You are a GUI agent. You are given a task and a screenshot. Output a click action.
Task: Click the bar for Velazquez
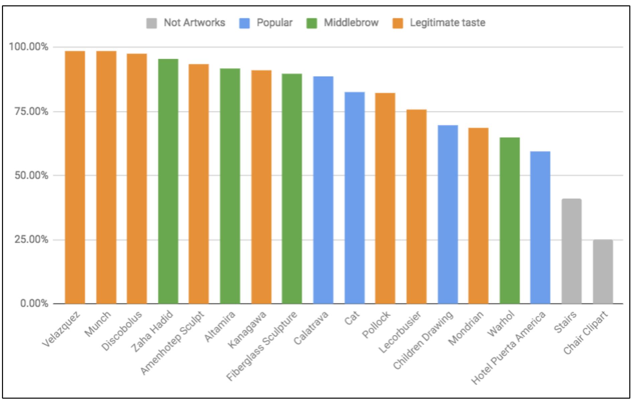click(75, 177)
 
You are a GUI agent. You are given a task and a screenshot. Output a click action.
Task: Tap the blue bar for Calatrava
click(323, 190)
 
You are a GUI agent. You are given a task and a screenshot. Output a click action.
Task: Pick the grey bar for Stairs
click(571, 251)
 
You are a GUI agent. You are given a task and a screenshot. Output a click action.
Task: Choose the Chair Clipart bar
click(603, 272)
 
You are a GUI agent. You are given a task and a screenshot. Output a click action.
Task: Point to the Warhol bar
click(510, 220)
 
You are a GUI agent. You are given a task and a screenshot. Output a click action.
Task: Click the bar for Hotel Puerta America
click(540, 227)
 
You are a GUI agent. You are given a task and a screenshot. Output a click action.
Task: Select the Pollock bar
click(385, 198)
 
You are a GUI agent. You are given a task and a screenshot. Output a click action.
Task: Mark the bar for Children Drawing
click(448, 214)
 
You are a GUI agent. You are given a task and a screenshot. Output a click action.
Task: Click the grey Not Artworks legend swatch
click(152, 23)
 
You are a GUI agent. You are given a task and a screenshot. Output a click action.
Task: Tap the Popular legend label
click(274, 23)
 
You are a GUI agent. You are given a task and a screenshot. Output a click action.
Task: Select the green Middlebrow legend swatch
click(311, 23)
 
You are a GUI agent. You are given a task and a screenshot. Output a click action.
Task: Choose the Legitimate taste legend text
click(448, 23)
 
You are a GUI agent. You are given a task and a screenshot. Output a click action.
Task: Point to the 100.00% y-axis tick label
click(29, 47)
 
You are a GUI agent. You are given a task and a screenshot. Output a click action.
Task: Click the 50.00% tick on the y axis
click(31, 175)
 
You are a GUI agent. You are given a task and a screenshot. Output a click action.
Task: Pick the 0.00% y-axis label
click(34, 303)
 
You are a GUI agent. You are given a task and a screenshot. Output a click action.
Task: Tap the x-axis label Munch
click(98, 324)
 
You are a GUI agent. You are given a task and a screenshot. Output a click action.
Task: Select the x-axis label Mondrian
click(466, 328)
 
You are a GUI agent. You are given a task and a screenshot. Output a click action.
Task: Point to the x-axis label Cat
click(352, 318)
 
